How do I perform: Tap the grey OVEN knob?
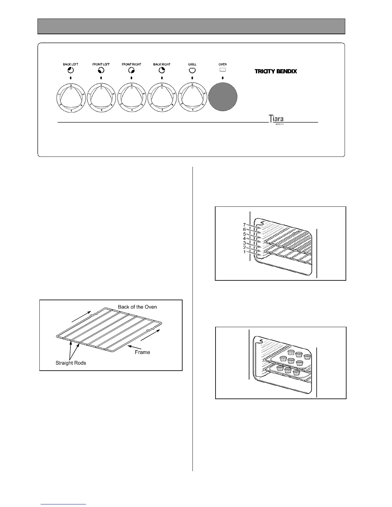tap(223, 97)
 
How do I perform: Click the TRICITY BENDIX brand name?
tap(276, 71)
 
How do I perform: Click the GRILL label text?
tap(192, 64)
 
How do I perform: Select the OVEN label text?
tap(223, 64)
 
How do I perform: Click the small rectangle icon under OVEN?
tap(223, 70)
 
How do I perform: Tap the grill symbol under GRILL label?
tap(192, 70)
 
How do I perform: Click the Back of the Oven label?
tap(137, 307)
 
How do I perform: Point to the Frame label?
tap(142, 352)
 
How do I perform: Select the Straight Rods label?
tap(70, 363)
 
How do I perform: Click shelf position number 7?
tap(244, 225)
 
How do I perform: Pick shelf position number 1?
tap(244, 252)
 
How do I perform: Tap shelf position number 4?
tap(244, 238)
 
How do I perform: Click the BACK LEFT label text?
tap(70, 64)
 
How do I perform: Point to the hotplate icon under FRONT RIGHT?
tap(132, 70)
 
